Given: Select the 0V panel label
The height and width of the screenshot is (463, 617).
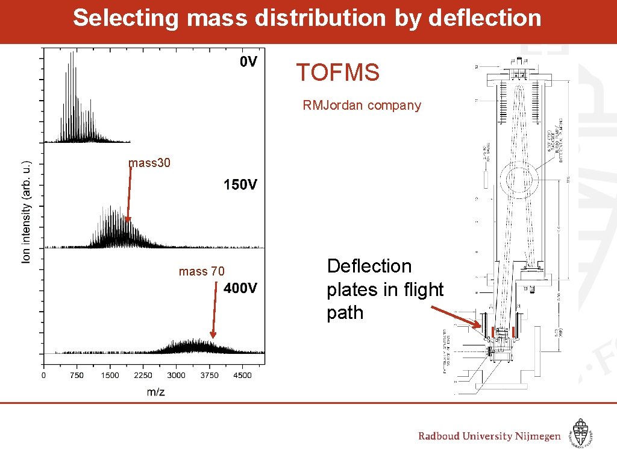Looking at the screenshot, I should (248, 61).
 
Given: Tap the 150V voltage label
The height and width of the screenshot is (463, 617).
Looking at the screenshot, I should (240, 184).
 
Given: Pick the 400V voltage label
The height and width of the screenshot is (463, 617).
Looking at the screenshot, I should (240, 288).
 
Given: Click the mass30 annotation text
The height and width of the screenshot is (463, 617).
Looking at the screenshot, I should (149, 163).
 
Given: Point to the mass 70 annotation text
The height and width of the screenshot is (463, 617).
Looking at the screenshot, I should (201, 271).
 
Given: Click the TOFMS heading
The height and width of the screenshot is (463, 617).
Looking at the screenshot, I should (337, 73).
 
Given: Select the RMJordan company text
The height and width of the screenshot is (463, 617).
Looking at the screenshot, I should (362, 106).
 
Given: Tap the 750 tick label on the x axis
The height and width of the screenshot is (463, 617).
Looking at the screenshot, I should (77, 375).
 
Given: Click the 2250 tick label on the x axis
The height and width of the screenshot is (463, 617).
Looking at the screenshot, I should (143, 375).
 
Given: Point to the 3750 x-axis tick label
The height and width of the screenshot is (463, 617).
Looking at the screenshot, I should (209, 375).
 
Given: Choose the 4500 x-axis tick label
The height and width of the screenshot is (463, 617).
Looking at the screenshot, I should (242, 375).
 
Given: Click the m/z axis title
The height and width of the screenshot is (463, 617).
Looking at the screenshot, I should (155, 392).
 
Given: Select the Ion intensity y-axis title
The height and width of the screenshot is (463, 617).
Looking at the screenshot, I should (27, 212).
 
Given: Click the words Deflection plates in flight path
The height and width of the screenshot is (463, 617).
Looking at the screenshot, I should (384, 289).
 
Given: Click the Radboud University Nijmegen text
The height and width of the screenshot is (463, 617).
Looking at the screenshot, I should (489, 436).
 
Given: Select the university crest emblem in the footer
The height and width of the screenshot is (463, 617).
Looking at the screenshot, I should (581, 433).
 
